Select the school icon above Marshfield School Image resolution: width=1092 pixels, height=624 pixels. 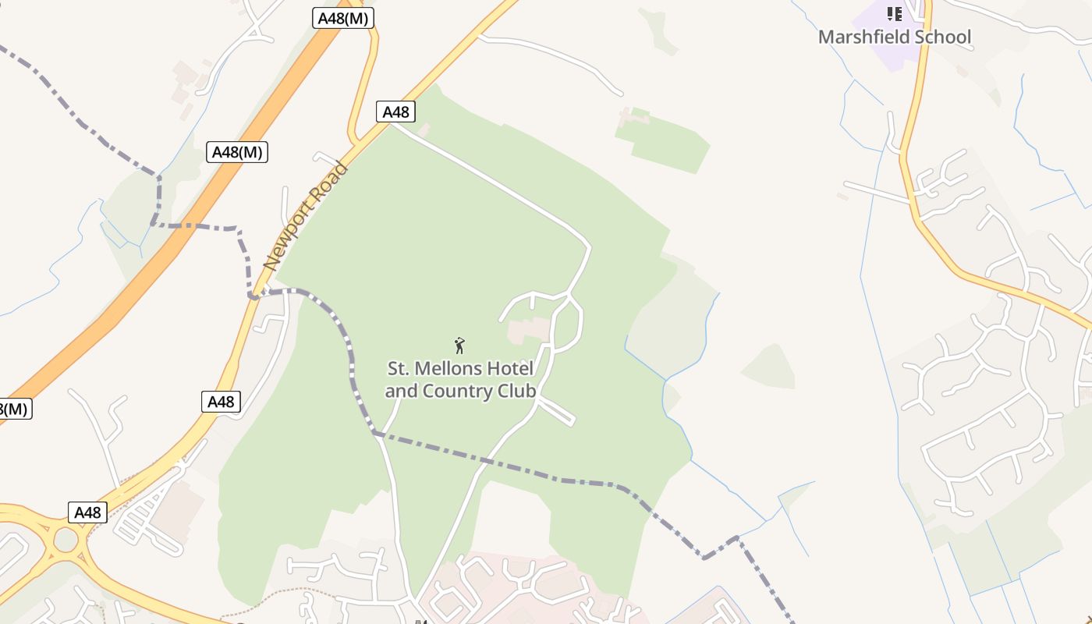pyautogui.click(x=895, y=13)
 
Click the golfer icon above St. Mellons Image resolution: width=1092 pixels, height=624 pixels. pyautogui.click(x=459, y=345)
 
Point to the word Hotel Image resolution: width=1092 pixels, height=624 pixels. pyautogui.click(x=512, y=368)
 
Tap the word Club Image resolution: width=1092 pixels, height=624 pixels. pyautogui.click(x=517, y=391)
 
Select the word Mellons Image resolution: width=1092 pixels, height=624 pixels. pyautogui.click(x=455, y=368)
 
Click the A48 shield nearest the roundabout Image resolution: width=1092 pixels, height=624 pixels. pyautogui.click(x=87, y=512)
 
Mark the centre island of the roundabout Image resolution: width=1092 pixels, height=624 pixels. pyautogui.click(x=66, y=539)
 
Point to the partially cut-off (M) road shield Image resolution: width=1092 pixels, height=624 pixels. pyautogui.click(x=13, y=409)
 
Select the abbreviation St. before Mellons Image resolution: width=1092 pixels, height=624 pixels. pyautogui.click(x=399, y=368)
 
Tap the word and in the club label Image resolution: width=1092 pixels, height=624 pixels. pyautogui.click(x=401, y=391)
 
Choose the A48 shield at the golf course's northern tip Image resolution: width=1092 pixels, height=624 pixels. pyautogui.click(x=395, y=112)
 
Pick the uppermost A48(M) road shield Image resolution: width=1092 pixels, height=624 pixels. pyautogui.click(x=343, y=18)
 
